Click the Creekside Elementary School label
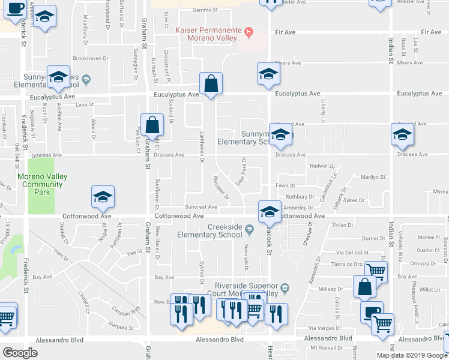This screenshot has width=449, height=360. tap(217, 230)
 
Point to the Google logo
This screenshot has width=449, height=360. tap(20, 352)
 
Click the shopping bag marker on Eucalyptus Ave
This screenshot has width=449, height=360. tap(211, 84)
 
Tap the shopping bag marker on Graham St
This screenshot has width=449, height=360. tap(152, 125)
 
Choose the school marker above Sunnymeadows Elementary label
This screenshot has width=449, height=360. tap(59, 77)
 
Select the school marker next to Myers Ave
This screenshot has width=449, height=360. tap(268, 74)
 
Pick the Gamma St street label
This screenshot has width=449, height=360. tap(205, 10)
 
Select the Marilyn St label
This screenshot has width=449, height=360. tap(372, 177)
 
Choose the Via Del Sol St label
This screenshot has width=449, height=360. tap(352, 253)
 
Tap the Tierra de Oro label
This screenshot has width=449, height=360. tap(347, 264)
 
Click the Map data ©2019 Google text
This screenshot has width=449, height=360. tap(412, 355)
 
